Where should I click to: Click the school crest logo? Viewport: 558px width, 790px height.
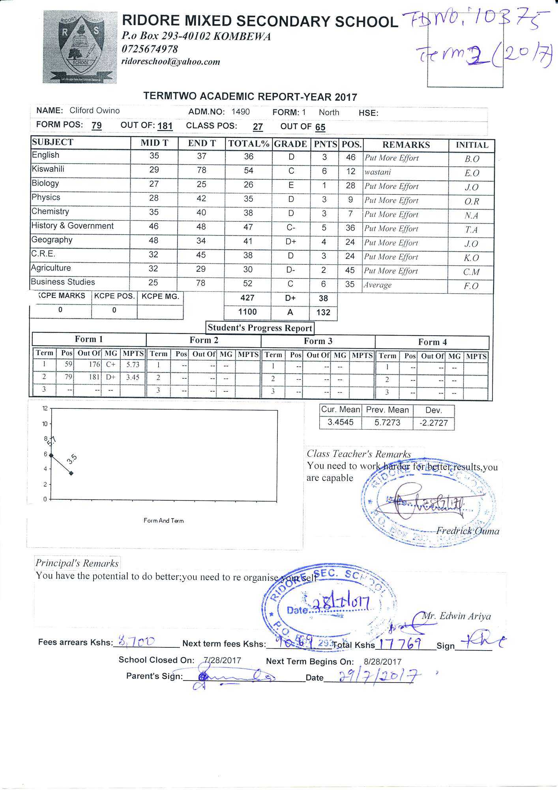(80, 47)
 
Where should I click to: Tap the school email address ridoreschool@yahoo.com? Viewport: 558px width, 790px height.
(170, 62)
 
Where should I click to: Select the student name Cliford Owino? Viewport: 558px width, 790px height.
(94, 111)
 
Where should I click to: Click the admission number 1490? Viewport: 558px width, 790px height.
(240, 112)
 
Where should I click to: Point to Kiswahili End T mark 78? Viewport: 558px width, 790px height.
(201, 170)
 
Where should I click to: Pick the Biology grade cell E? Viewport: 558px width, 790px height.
(291, 185)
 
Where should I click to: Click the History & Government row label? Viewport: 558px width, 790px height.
(73, 226)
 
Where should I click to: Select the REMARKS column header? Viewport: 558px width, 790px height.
(406, 145)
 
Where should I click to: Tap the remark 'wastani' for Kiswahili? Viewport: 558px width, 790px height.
(378, 172)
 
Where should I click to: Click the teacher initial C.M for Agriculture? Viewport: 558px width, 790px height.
(471, 272)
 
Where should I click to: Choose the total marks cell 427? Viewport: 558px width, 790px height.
(247, 298)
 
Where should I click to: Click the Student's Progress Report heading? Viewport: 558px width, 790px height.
(260, 328)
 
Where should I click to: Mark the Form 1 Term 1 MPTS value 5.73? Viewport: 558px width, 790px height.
(133, 365)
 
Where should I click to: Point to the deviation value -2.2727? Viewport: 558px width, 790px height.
(433, 423)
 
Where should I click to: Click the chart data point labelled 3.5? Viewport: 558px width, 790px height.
(71, 473)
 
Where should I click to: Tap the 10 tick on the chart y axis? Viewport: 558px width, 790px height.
(45, 424)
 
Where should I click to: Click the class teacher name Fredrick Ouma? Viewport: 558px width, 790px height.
(468, 531)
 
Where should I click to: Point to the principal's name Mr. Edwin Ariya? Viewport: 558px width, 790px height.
(457, 617)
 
